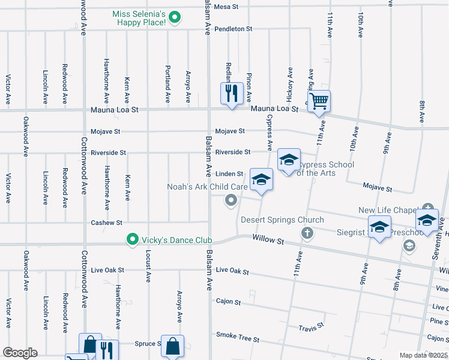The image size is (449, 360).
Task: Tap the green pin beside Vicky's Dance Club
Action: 133,239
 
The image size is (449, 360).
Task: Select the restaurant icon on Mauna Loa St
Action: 231,94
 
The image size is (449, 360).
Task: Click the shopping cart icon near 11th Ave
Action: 319,101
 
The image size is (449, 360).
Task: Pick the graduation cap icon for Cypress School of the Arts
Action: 289,160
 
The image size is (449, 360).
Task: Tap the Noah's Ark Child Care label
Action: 207,187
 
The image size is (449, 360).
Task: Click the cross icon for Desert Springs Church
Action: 307,232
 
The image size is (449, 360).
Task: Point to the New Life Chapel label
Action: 388,210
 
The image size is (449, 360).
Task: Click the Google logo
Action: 20,353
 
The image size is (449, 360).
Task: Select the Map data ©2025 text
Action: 423,355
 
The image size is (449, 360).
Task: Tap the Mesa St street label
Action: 226,7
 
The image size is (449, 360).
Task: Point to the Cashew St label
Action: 107,222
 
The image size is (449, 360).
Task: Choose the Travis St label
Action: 312,327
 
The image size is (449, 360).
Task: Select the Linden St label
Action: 229,174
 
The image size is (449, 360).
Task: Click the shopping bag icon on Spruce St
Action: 172,346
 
